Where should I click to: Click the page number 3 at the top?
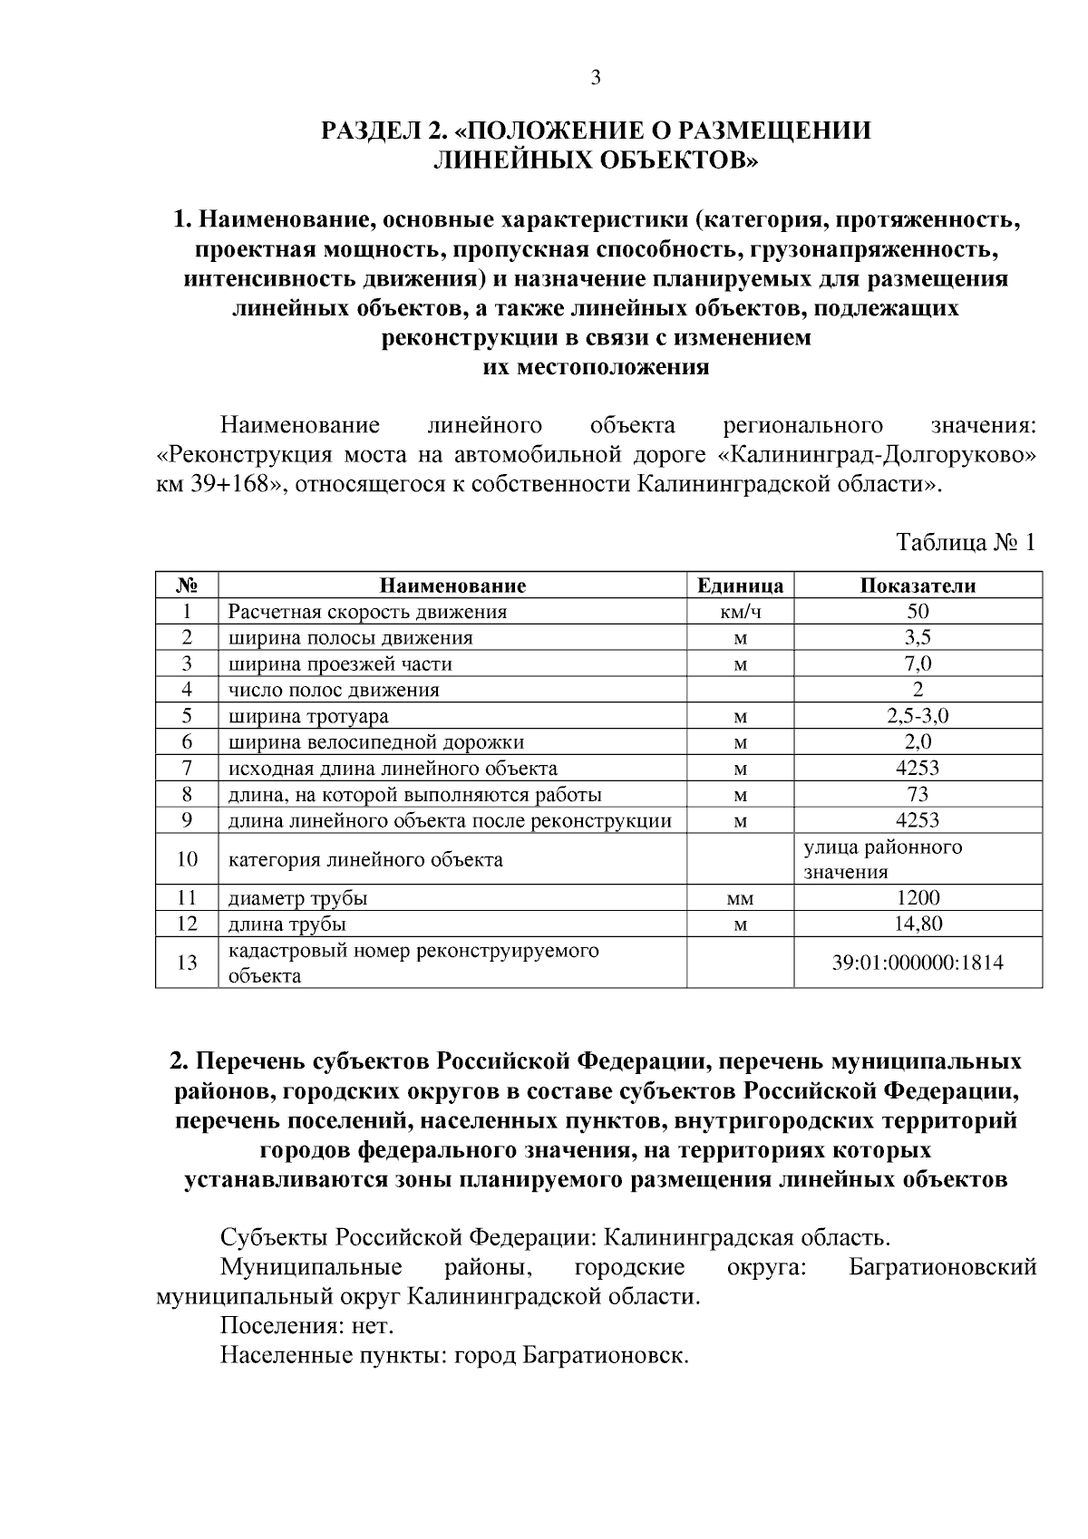(596, 78)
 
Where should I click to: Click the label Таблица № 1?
(965, 543)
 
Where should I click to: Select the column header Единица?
(740, 586)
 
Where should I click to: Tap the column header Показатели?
(918, 586)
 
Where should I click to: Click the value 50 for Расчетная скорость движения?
(918, 612)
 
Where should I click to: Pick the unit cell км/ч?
(740, 612)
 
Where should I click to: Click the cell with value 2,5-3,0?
(918, 716)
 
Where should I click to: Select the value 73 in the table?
(918, 795)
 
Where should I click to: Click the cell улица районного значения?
(882, 859)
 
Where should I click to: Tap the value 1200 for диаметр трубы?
(918, 898)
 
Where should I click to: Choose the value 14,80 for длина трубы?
(918, 924)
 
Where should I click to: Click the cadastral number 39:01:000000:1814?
(918, 963)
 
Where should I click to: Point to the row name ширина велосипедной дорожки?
(376, 742)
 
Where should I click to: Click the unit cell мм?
(740, 898)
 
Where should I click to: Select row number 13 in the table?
(187, 963)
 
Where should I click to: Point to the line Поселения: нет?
(307, 1326)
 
